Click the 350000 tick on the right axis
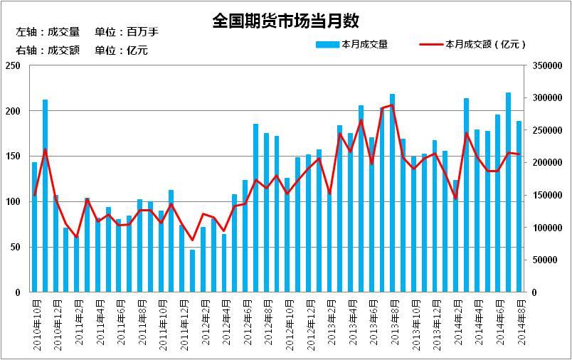547,65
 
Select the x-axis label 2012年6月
245,324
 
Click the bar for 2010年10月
35,228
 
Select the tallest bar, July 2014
509,192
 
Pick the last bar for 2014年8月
519,206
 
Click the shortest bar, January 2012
192,271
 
